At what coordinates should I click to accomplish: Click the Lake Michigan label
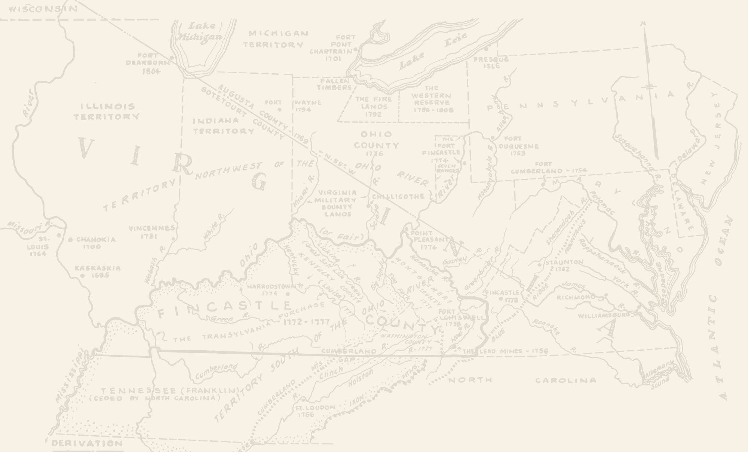200,31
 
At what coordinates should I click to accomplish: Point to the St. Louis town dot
59,235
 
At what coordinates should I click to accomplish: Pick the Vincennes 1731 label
151,232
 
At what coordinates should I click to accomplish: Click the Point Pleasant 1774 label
429,239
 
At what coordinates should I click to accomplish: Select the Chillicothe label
398,196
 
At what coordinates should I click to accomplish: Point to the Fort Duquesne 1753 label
518,146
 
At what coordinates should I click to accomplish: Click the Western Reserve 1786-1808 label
433,99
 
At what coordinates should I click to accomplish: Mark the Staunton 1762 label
564,265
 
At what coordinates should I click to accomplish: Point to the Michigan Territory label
275,39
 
